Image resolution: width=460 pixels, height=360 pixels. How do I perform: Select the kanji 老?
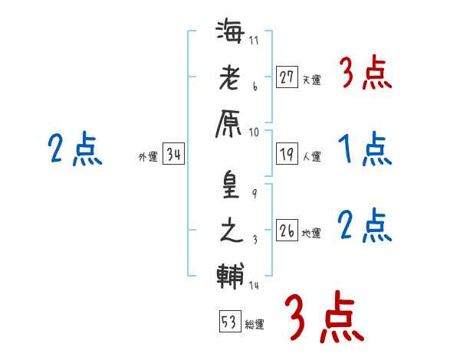click(x=229, y=78)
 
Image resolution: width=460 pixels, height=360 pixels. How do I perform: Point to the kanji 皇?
click(x=229, y=187)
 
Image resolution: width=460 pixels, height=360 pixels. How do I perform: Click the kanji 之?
click(x=229, y=230)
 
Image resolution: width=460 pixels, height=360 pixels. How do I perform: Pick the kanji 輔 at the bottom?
click(x=229, y=275)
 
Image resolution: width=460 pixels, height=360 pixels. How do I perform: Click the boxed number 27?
click(x=287, y=77)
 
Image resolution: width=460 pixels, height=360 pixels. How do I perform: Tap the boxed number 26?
click(x=287, y=231)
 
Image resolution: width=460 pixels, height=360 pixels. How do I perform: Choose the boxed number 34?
click(x=173, y=155)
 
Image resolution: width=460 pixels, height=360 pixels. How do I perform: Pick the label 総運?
click(x=254, y=324)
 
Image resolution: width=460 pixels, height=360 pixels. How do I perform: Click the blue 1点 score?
click(x=365, y=149)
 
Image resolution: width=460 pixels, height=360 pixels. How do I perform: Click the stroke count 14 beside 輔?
click(x=255, y=286)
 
